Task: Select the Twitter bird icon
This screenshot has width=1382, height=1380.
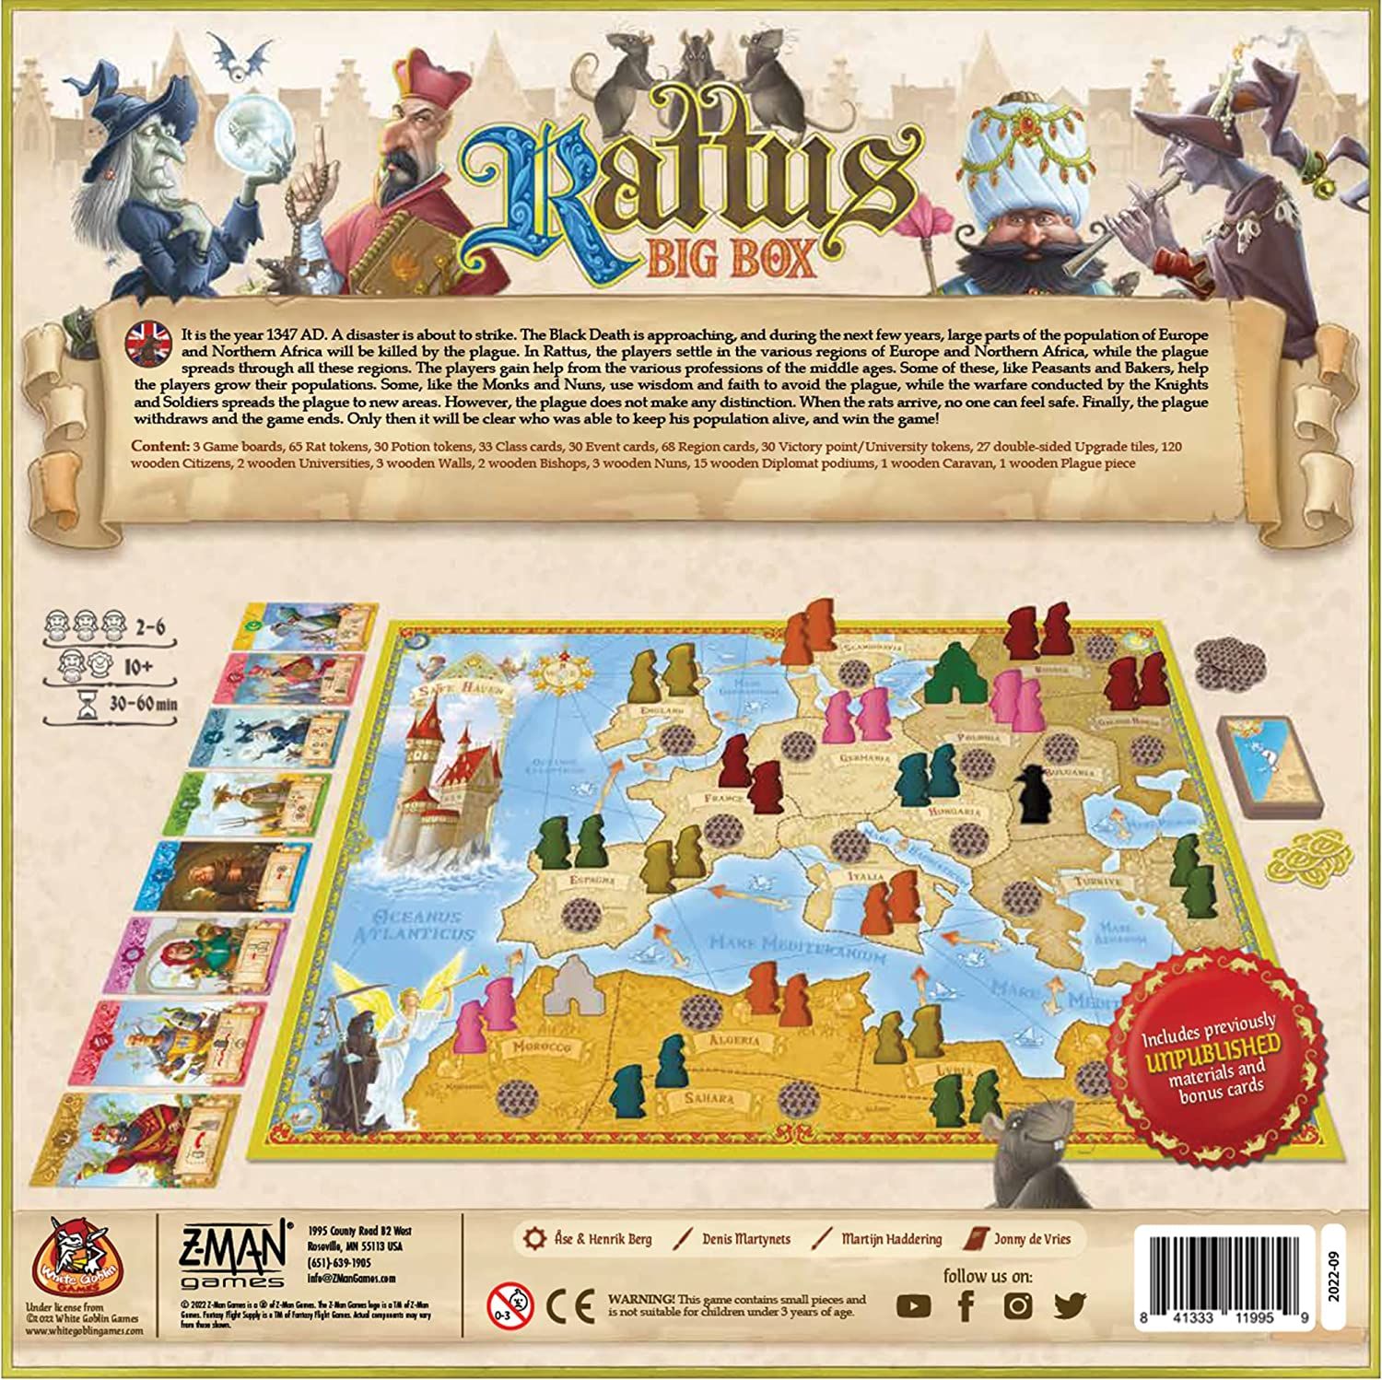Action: pyautogui.click(x=1069, y=1304)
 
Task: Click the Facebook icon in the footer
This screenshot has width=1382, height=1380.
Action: pyautogui.click(x=966, y=1305)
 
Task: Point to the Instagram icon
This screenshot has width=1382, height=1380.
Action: pyautogui.click(x=1017, y=1305)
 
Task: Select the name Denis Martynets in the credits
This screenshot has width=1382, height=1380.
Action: pyautogui.click(x=744, y=1239)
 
